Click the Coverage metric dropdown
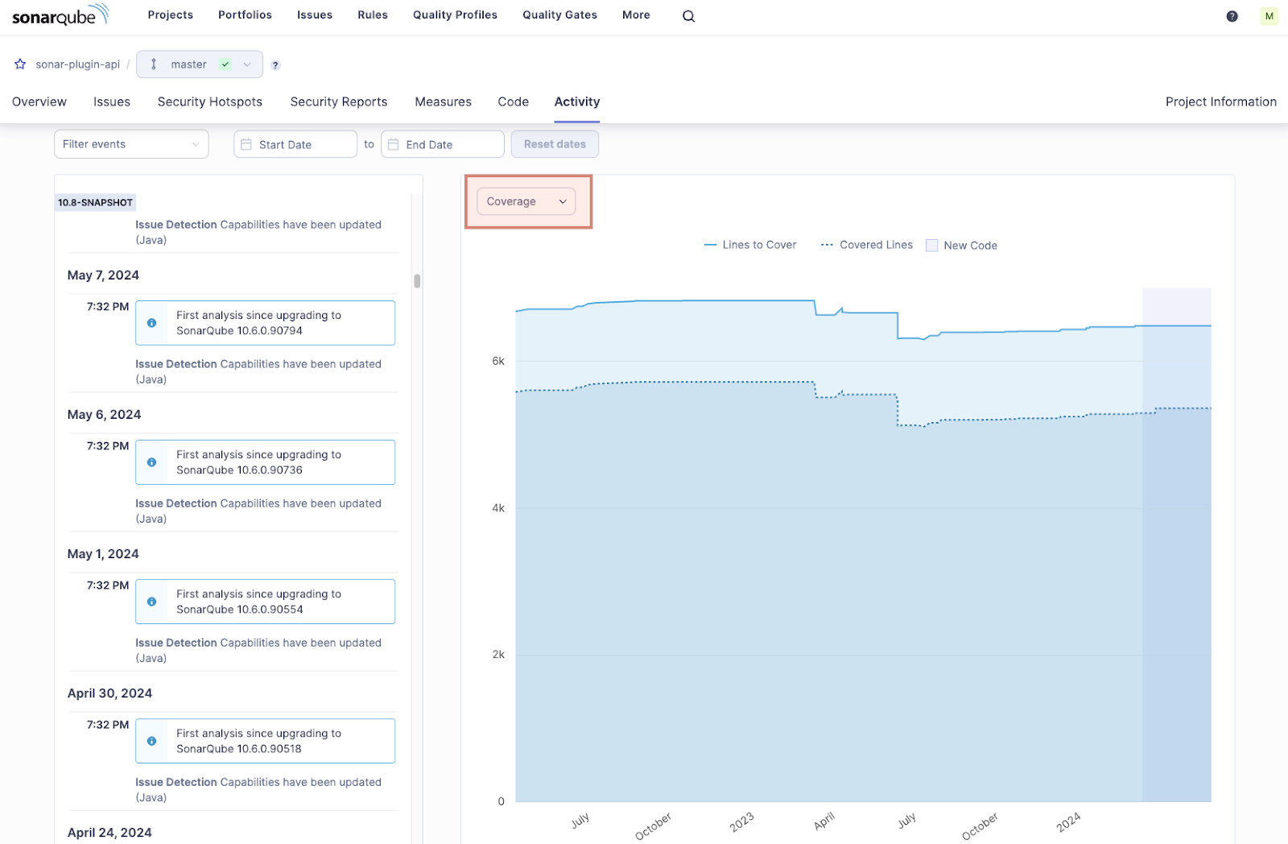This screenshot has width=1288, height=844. point(526,201)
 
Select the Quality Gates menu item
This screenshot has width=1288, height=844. point(559,15)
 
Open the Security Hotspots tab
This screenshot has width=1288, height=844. point(210,101)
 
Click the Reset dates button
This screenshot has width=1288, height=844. point(555,144)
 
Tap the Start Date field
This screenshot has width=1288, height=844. point(295,144)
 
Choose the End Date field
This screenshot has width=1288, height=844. point(442,144)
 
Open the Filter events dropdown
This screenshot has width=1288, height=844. point(131,144)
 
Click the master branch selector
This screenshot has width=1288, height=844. point(199,64)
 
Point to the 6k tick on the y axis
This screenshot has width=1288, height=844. point(498,361)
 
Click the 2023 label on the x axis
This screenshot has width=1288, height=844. point(741,821)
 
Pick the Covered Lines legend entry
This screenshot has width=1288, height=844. point(867,245)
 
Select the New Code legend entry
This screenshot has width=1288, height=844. point(962,246)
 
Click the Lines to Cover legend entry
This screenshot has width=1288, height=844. point(750,245)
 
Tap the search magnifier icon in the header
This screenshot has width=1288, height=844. point(688,16)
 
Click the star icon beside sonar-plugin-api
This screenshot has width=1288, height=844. point(20,64)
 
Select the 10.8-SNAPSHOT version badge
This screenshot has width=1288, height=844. point(95,202)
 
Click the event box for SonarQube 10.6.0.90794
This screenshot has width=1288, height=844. point(265,323)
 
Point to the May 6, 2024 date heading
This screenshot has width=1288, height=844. point(105,415)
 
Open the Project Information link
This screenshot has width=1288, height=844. point(1220,101)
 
